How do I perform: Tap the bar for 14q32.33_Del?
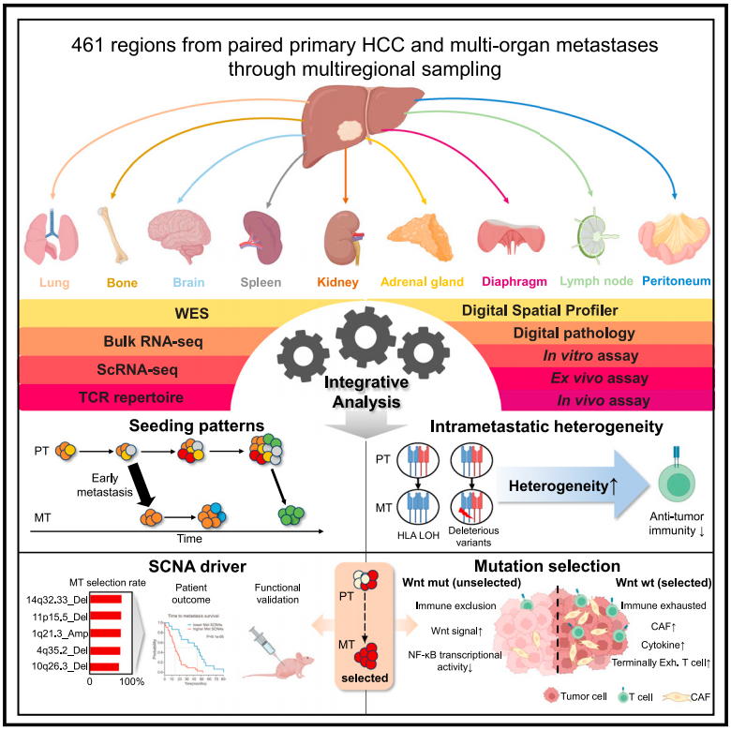coord(120,596)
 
